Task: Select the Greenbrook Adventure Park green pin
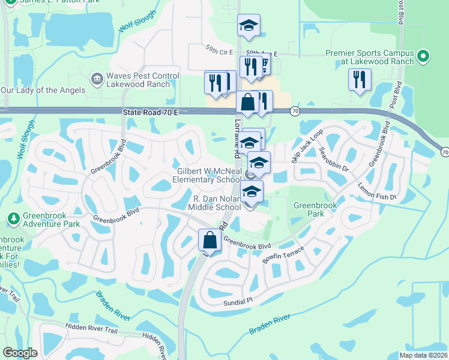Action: [x=13, y=219]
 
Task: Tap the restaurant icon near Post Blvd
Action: [x=359, y=80]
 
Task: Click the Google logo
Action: [x=20, y=353]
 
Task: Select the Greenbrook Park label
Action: [x=315, y=209]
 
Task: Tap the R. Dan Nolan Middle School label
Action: [x=217, y=203]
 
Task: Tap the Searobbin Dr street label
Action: [x=333, y=159]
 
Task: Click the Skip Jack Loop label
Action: [x=307, y=146]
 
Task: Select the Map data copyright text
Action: [x=423, y=355]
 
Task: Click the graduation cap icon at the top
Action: [x=248, y=25]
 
